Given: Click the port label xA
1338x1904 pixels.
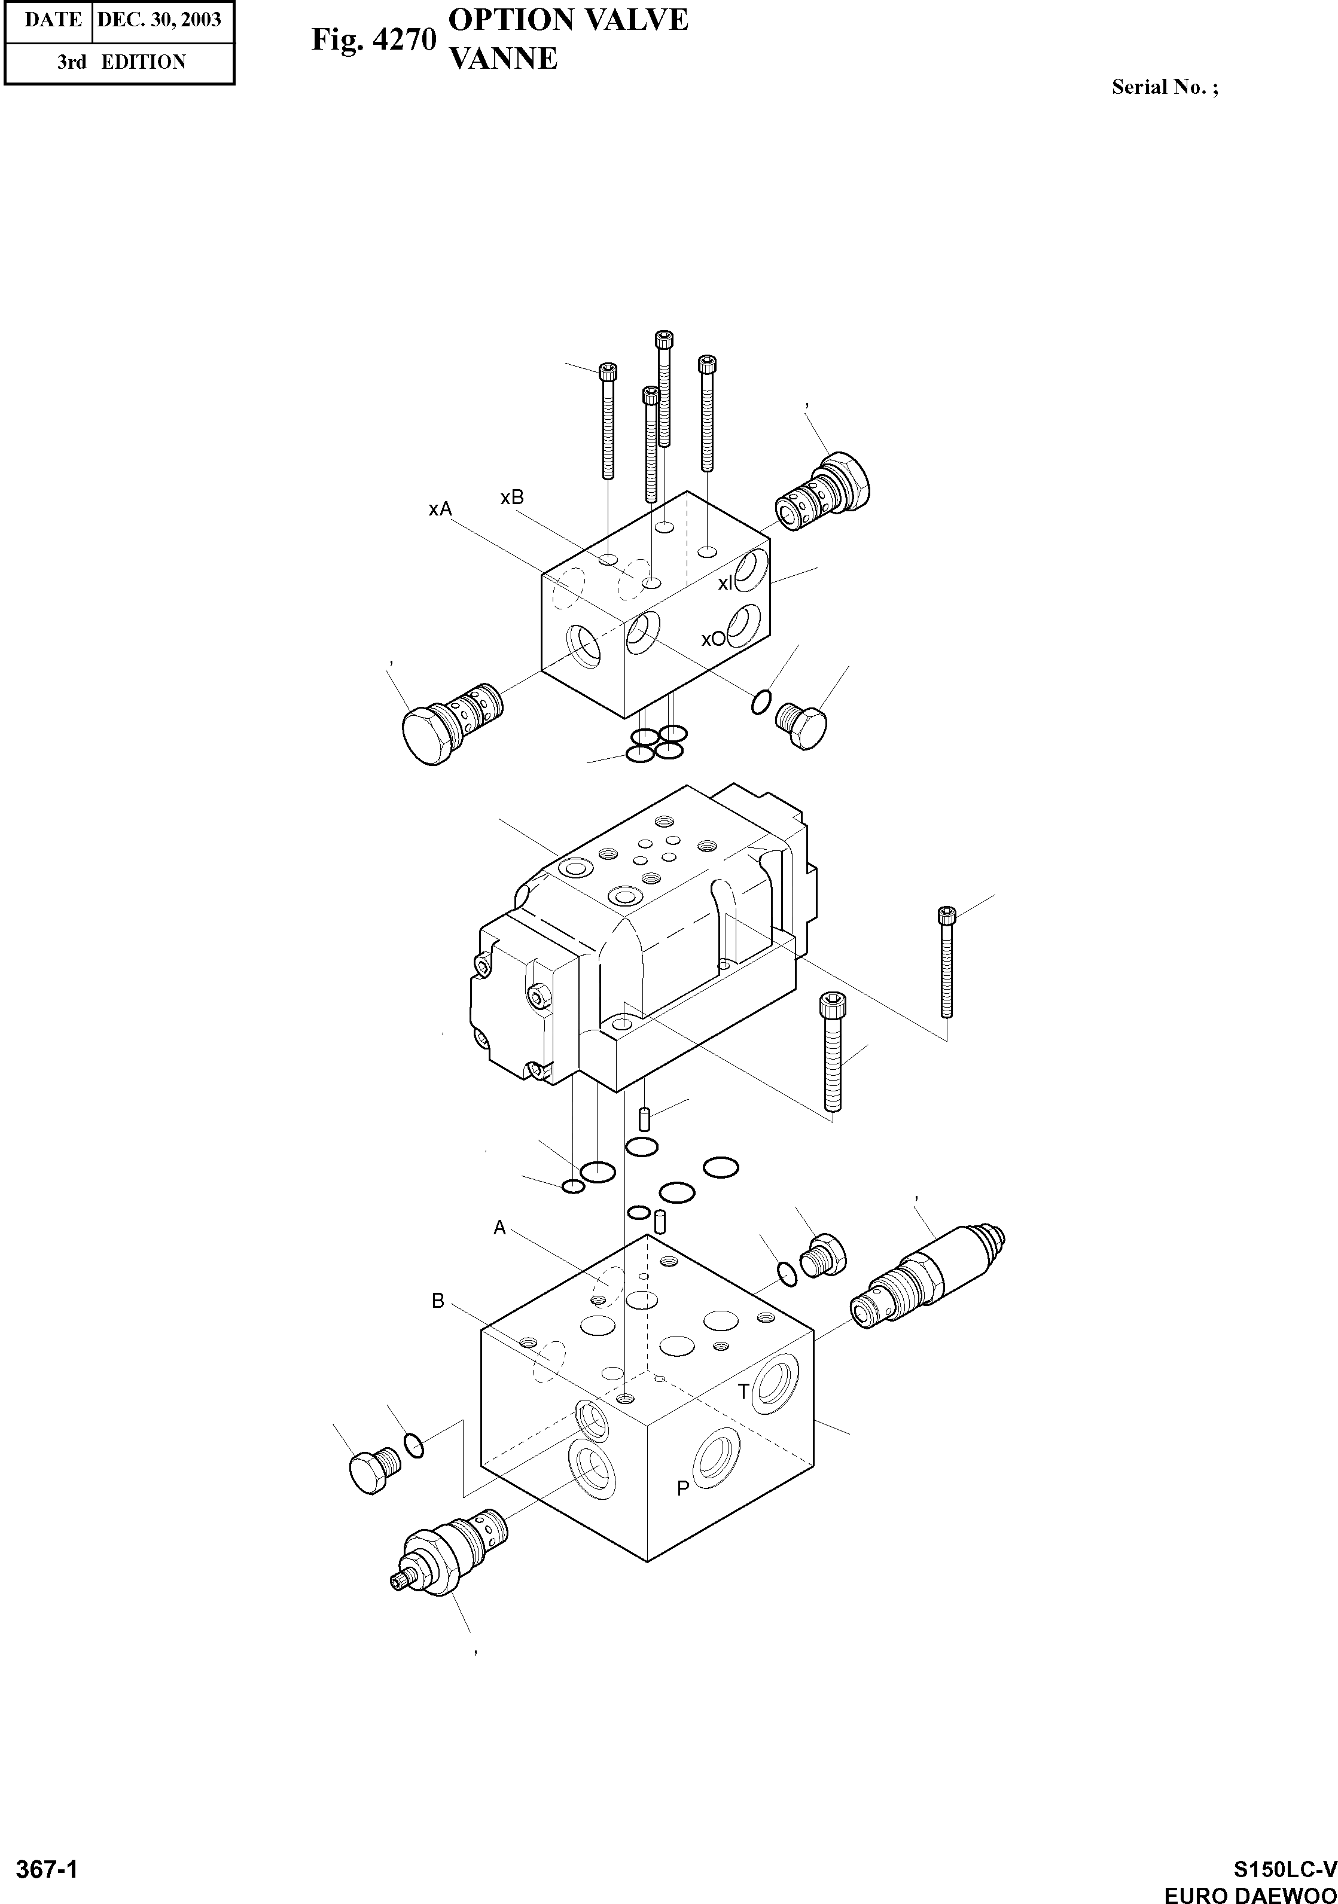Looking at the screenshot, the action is [x=440, y=509].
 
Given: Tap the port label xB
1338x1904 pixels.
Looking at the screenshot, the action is [x=512, y=498].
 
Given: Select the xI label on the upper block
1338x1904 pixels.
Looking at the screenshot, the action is [x=725, y=584].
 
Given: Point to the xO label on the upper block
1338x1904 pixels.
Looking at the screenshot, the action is [x=712, y=639].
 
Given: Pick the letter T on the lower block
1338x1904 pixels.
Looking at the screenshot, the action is [x=744, y=1391].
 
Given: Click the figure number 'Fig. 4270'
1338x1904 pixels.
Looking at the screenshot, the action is [x=373, y=40].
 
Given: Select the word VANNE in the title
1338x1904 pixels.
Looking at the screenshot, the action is [x=502, y=59].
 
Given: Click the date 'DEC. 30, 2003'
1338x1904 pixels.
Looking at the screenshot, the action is [x=159, y=20].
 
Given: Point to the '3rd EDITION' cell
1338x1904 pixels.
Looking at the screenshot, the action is [x=121, y=62].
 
